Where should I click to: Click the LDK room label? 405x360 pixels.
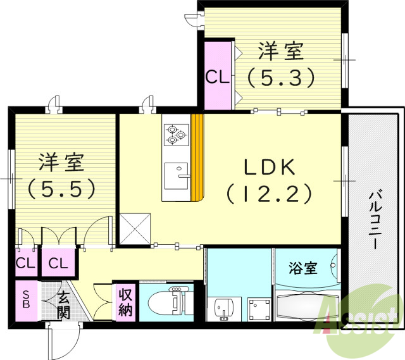click(x=270, y=167)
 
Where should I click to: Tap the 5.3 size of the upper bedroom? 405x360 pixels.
click(x=280, y=77)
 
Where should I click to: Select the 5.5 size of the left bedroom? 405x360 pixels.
click(x=61, y=187)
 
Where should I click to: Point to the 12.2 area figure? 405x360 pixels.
click(x=270, y=193)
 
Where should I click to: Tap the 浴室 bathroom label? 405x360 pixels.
click(x=303, y=268)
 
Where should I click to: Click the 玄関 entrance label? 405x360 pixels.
click(x=63, y=304)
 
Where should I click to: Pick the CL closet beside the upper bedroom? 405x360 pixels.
click(x=217, y=77)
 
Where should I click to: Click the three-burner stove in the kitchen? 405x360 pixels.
click(x=175, y=133)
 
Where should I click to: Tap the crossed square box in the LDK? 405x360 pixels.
click(x=135, y=228)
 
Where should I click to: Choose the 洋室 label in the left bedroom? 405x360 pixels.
click(x=61, y=162)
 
